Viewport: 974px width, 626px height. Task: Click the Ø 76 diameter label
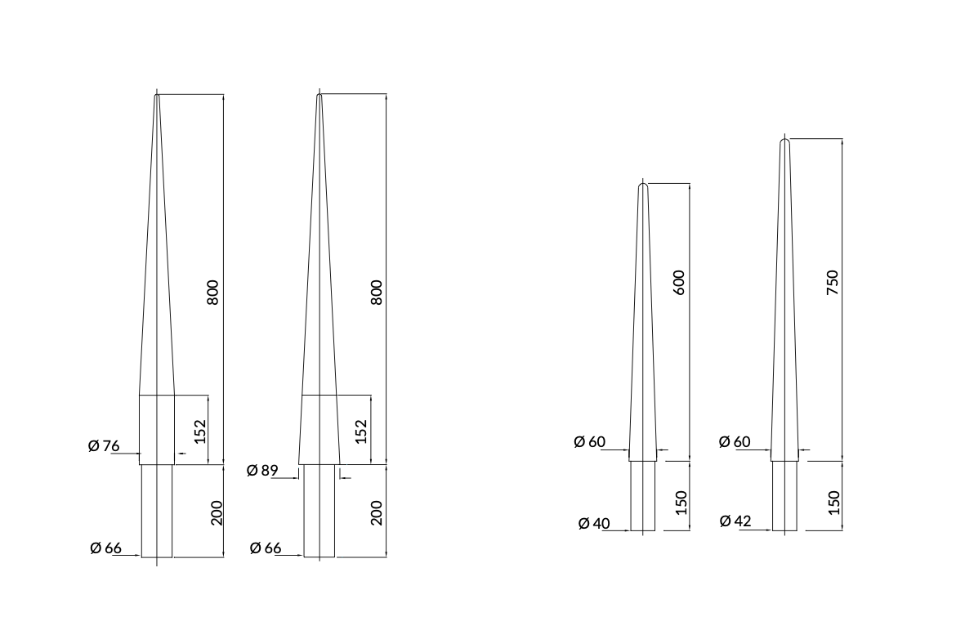104,446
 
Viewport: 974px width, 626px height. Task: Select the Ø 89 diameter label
262,471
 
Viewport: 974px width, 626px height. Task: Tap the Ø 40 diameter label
594,523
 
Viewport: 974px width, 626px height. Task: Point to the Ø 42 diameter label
736,521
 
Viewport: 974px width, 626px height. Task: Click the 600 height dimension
679,282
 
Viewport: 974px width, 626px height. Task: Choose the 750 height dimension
833,283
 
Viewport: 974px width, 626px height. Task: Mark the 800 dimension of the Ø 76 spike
213,293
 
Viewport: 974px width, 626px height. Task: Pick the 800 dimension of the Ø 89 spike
377,293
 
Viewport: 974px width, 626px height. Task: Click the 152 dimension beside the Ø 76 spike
199,431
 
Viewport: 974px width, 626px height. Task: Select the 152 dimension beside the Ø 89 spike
361,431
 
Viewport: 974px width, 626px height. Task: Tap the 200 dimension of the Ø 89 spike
377,512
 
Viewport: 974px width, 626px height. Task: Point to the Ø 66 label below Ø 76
105,548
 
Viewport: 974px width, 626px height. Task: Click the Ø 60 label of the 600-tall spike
589,442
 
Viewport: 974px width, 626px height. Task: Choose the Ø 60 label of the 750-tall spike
735,442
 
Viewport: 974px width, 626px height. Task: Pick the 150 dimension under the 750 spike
833,502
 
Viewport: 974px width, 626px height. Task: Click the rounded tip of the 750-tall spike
784,142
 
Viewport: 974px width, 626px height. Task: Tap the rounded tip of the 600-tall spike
642,186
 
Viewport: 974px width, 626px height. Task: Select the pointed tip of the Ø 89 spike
319,96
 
